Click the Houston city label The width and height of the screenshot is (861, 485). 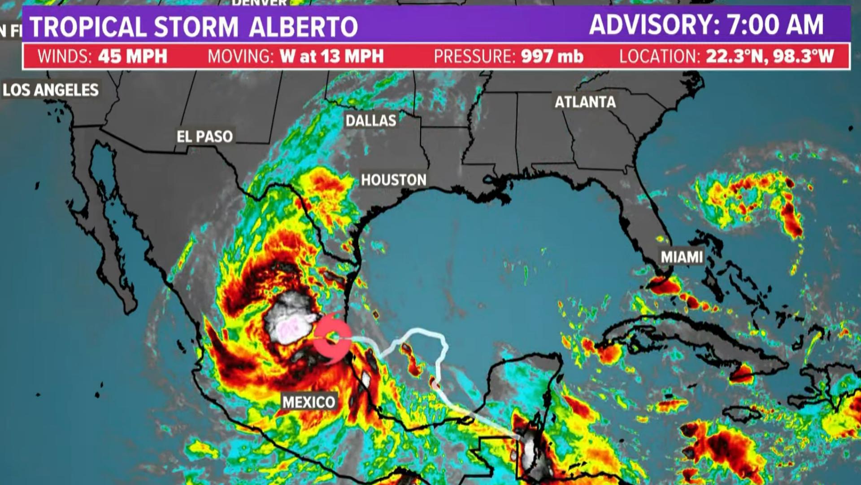[x=394, y=180]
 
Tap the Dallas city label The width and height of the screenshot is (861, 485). [x=371, y=120]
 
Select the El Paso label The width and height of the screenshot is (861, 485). [x=204, y=137]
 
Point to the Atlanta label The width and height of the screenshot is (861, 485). [x=585, y=102]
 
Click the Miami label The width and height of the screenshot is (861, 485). [x=682, y=257]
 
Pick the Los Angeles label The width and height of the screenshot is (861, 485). [x=51, y=90]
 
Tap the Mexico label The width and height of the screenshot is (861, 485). [x=309, y=401]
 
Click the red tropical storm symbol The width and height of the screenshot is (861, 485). [x=332, y=338]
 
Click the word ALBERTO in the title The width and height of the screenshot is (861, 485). [x=303, y=27]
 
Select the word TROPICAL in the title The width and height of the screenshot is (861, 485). [x=88, y=27]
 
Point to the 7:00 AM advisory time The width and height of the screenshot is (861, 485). [x=775, y=25]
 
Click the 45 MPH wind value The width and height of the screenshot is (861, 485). [x=133, y=57]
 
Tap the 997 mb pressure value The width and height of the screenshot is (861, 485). [x=552, y=57]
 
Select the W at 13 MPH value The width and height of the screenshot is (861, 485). [x=332, y=57]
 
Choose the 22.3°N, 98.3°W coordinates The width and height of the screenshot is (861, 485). [x=770, y=57]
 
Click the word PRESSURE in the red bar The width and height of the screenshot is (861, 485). [x=474, y=57]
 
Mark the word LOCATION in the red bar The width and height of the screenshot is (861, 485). [x=659, y=57]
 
